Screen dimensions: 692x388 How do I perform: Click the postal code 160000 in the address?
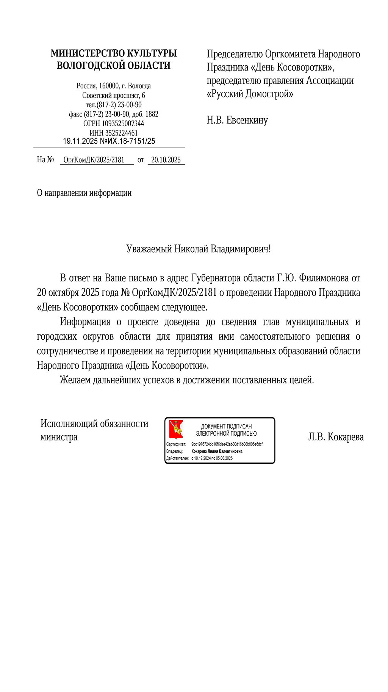point(109,86)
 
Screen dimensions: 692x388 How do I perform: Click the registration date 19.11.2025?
point(80,141)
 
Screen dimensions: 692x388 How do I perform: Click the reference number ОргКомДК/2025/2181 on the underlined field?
point(94,160)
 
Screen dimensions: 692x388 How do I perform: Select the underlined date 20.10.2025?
point(166,160)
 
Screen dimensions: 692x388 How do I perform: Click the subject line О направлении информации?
point(84,193)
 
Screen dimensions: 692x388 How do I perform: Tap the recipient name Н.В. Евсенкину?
point(237,121)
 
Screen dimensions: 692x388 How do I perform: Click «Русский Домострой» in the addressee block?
point(250,94)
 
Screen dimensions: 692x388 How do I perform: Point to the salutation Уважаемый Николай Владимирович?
point(199,249)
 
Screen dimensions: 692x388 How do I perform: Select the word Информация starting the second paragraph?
point(85,322)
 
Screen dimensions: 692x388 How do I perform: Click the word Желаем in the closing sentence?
point(75,380)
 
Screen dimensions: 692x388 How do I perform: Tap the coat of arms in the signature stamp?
point(176,429)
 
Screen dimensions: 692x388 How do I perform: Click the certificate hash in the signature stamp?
point(227,444)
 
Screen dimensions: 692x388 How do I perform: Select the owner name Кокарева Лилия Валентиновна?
point(217,451)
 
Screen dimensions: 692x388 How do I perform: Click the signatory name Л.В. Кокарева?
point(336,437)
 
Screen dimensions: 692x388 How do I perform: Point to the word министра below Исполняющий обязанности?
point(59,437)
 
